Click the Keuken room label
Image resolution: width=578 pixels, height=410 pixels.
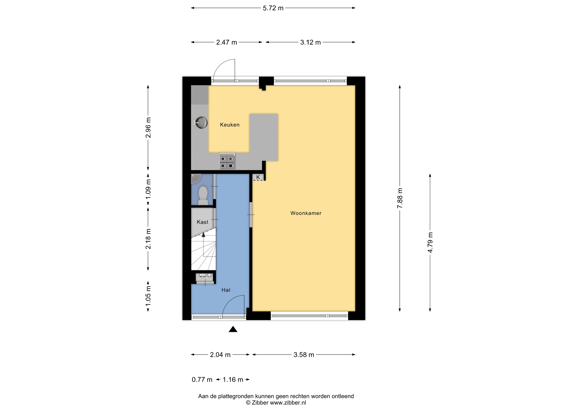(230, 125)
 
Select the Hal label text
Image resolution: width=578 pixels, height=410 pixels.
(226, 290)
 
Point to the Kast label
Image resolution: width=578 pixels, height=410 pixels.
(202, 222)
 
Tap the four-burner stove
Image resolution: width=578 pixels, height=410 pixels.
(227, 161)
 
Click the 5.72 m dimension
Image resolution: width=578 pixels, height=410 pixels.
(273, 8)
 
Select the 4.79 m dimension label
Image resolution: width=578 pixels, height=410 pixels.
(430, 242)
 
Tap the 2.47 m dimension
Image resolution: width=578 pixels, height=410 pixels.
(226, 42)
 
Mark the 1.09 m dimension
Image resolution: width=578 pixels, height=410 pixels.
(148, 189)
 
